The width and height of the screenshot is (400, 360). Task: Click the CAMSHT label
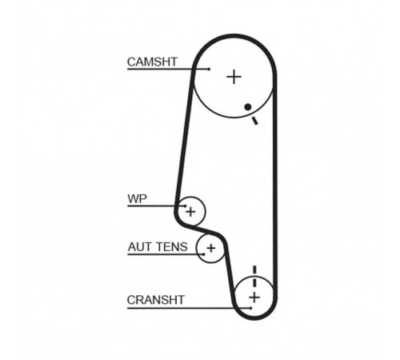coord(152,62)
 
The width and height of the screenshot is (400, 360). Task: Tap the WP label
coord(137,198)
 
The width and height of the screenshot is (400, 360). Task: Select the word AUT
coord(139,247)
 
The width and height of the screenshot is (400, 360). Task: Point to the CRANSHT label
coord(156,300)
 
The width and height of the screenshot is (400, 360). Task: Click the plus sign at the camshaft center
coord(234,77)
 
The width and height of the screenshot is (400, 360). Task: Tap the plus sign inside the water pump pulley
coord(190,212)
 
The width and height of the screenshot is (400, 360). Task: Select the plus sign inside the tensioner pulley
coord(211,248)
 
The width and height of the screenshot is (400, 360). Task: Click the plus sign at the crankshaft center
coord(254,297)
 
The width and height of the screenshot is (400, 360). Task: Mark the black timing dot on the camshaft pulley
coord(248,107)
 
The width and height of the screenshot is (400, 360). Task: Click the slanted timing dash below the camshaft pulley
coord(255,121)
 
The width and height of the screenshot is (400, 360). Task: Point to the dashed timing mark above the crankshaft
coord(254,276)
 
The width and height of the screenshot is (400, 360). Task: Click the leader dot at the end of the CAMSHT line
coord(209,69)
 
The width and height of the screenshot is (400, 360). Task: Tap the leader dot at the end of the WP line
coord(185,206)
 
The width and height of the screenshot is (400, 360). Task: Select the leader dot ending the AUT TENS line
coord(204,254)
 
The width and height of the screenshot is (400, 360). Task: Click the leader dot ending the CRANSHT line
coord(251,308)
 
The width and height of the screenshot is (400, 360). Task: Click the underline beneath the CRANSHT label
coord(189,308)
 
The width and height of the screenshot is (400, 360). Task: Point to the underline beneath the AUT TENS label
coord(166,254)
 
